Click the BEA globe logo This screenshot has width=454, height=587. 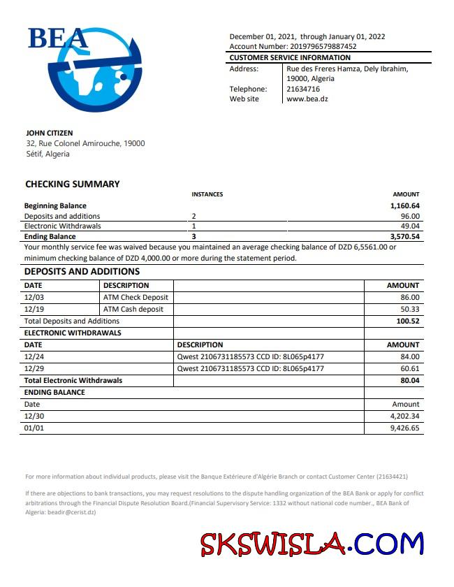click(87, 70)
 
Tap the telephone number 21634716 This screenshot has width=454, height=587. click(303, 89)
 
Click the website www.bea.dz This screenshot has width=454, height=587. click(307, 99)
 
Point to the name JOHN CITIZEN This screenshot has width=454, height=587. click(50, 133)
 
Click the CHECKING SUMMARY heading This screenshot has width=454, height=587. click(73, 184)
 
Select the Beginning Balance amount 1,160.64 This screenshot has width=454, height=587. click(405, 206)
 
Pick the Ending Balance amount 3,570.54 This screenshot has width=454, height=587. click(405, 237)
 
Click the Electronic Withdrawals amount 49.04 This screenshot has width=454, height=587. click(410, 226)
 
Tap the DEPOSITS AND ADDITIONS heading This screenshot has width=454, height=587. click(82, 272)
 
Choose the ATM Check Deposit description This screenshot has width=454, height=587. click(136, 297)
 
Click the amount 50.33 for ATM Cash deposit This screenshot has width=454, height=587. click(410, 309)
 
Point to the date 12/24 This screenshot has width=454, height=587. click(34, 356)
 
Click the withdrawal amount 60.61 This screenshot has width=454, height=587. click(410, 368)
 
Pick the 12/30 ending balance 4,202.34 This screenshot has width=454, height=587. click(405, 416)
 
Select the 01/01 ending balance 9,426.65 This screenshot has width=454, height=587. click(405, 428)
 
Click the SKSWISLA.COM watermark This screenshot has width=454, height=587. click(312, 544)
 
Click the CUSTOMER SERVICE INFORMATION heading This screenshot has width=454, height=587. click(290, 57)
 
